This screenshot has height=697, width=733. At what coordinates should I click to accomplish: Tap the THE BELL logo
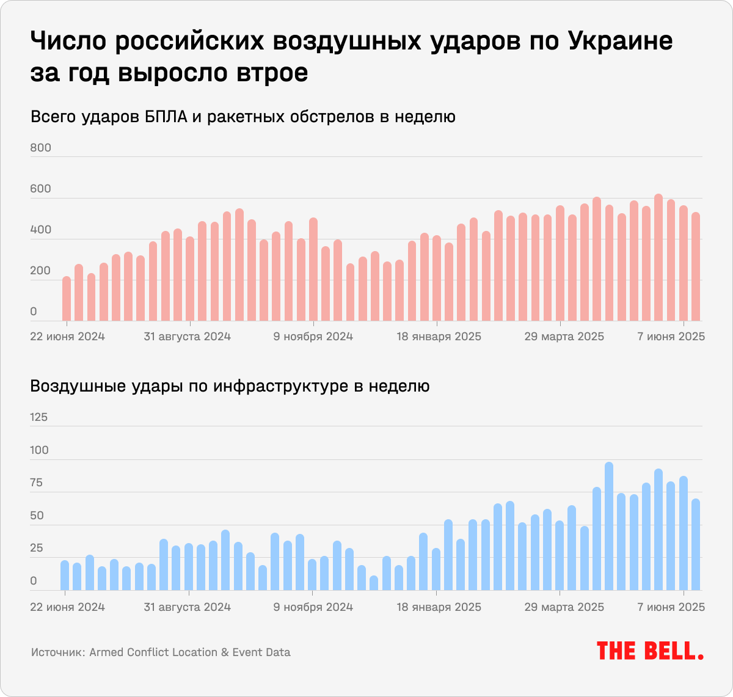[650, 651]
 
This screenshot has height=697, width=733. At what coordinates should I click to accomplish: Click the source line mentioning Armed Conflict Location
[161, 652]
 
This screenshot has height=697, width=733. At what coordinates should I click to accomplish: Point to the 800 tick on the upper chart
[41, 148]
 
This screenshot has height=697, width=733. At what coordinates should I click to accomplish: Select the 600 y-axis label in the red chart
[41, 189]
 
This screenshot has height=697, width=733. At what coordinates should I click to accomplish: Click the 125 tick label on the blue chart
[38, 417]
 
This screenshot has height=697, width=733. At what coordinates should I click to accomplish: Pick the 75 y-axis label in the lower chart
[37, 483]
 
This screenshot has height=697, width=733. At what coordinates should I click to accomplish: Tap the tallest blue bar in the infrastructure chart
[609, 526]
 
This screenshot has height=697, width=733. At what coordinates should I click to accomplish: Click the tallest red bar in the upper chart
[658, 257]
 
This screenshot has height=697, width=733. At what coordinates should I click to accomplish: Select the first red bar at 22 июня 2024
[67, 299]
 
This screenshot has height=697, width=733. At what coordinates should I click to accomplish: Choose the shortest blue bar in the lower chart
[374, 583]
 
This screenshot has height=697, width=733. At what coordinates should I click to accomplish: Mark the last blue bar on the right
[696, 544]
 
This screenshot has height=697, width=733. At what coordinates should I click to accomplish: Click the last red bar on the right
[696, 266]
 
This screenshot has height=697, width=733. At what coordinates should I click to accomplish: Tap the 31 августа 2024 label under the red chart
[188, 337]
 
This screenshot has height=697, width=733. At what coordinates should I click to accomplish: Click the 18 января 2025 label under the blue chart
[439, 607]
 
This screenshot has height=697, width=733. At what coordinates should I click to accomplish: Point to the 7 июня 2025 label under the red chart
[671, 337]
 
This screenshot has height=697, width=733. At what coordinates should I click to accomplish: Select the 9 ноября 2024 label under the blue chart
[313, 607]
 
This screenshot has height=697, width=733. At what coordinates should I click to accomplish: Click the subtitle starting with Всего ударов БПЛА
[243, 117]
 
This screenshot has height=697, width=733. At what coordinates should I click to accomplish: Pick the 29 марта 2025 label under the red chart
[564, 337]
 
